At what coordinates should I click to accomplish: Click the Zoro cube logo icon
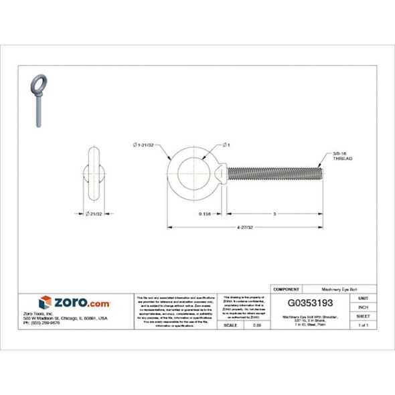[45, 302]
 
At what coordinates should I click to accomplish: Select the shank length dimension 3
[275, 214]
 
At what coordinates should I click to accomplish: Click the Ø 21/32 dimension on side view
[94, 214]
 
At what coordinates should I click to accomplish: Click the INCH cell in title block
[363, 306]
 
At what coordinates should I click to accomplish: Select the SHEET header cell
[363, 315]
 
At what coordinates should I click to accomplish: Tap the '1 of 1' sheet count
[363, 325]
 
